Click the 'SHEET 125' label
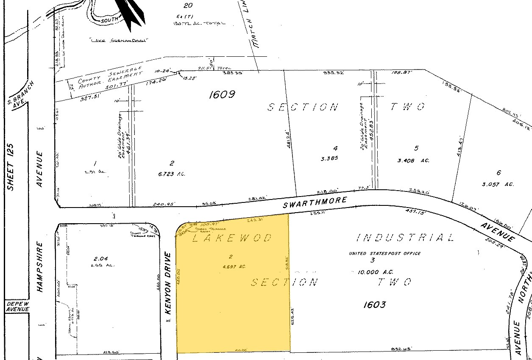pos(11,167)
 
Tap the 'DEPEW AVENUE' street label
pos(17,307)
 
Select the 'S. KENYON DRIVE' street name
pos(168,288)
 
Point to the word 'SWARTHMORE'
pos(315,202)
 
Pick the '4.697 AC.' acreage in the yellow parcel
pos(231,266)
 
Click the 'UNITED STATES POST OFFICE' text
pos(384,253)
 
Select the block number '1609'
pos(222,94)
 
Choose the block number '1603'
pos(375,304)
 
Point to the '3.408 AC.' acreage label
pos(413,161)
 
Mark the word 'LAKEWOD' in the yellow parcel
pos(231,238)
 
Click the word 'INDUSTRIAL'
pos(405,238)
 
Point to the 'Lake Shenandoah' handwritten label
pos(118,40)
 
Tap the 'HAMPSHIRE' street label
pos(40,266)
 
